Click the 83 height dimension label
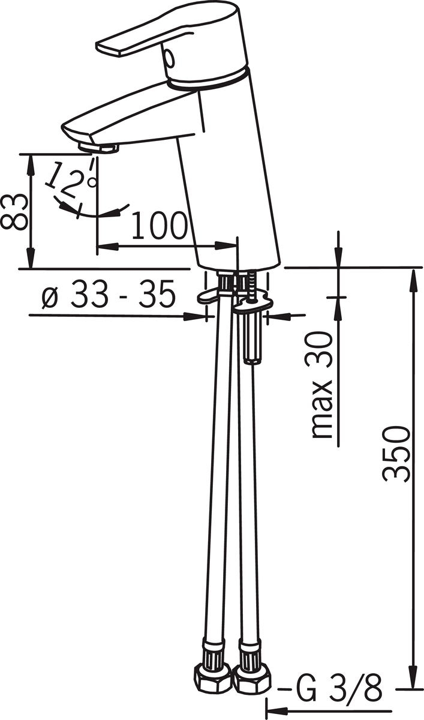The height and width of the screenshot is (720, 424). point(13,212)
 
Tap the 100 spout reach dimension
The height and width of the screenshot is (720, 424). point(159,226)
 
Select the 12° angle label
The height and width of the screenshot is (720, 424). point(69,180)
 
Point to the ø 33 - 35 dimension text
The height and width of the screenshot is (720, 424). point(109,294)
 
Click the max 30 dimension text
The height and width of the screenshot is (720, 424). point(321,385)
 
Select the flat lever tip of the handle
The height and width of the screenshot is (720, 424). point(109,48)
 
